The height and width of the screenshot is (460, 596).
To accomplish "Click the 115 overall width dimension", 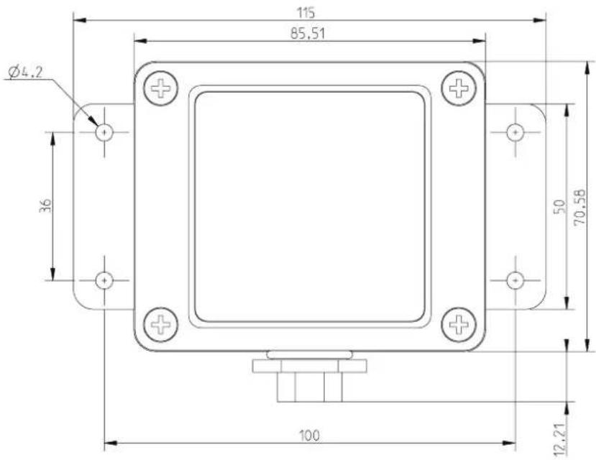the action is tap(306, 13).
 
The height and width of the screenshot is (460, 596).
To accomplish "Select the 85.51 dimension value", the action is tap(308, 34).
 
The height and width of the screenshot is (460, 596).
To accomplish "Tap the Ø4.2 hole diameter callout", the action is tap(24, 72).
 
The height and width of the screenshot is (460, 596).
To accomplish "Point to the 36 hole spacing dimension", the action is tap(45, 206).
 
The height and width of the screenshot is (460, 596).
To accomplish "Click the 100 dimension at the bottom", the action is tap(309, 436).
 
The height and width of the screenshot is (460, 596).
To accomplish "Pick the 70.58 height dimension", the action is tap(579, 208).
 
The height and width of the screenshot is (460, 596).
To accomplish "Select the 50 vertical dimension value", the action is tap(560, 207).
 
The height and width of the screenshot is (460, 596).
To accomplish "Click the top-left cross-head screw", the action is tap(160, 88).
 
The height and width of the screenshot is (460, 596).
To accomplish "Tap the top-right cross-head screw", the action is tap(459, 88).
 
